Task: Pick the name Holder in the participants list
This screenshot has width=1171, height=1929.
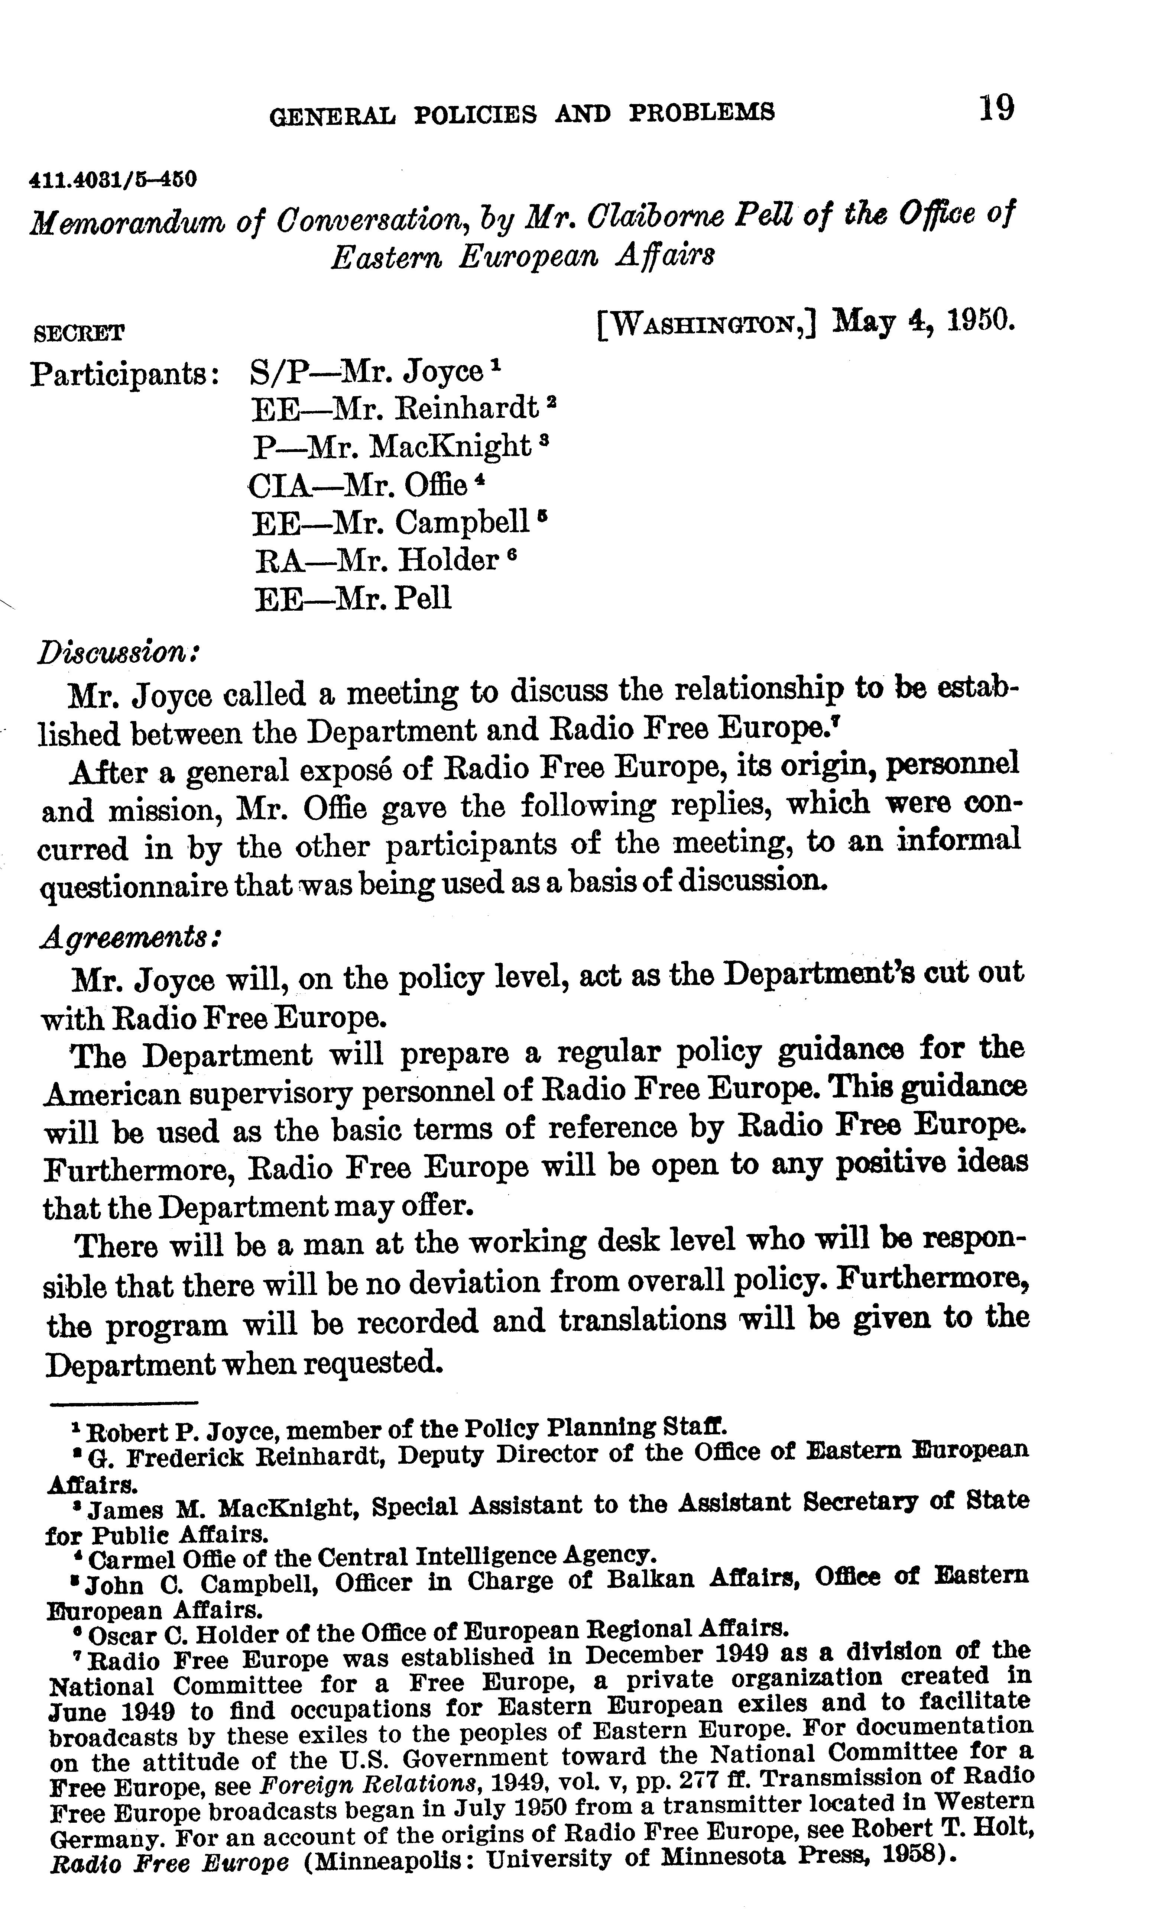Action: [448, 560]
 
